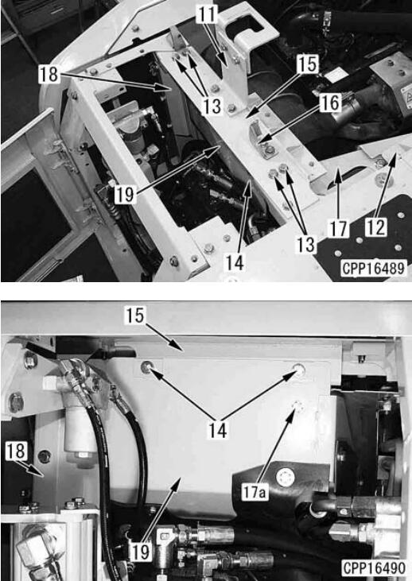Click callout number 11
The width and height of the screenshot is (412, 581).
coord(207,15)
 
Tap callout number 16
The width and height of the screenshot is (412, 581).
coord(330,103)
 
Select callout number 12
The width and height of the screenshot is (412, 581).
coord(376,227)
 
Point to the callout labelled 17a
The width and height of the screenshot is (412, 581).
coord(255,492)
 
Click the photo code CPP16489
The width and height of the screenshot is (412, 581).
coord(374,268)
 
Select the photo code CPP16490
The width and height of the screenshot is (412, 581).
coord(374,568)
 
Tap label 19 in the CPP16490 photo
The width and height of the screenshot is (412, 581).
coord(141,552)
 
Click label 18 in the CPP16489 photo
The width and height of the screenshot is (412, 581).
coord(49,74)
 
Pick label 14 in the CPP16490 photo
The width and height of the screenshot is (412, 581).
coord(218,431)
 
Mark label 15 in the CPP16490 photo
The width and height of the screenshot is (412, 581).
coord(134,316)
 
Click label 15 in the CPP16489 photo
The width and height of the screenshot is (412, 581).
coord(308,64)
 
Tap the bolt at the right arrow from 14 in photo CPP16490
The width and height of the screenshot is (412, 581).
coord(299,370)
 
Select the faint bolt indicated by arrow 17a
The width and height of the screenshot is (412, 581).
coord(298,406)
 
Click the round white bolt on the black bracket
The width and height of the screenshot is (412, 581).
coord(286,478)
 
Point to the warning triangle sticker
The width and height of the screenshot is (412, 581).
coord(406,99)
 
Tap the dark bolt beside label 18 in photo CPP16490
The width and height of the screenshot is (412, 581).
coord(45,457)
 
